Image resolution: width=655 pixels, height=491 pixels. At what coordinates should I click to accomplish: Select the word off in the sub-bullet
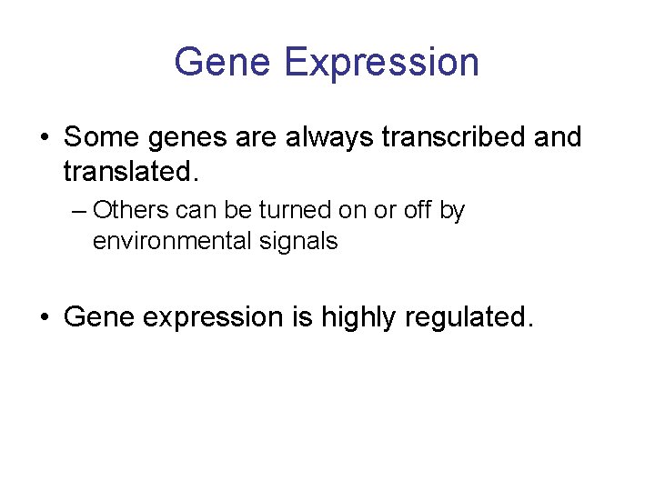pos(416,210)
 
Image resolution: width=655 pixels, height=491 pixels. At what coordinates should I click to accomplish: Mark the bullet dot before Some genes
pos(44,138)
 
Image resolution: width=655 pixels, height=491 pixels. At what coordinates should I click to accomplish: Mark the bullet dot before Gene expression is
pos(44,317)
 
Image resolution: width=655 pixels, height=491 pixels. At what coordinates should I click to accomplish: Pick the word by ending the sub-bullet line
pos(452,212)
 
